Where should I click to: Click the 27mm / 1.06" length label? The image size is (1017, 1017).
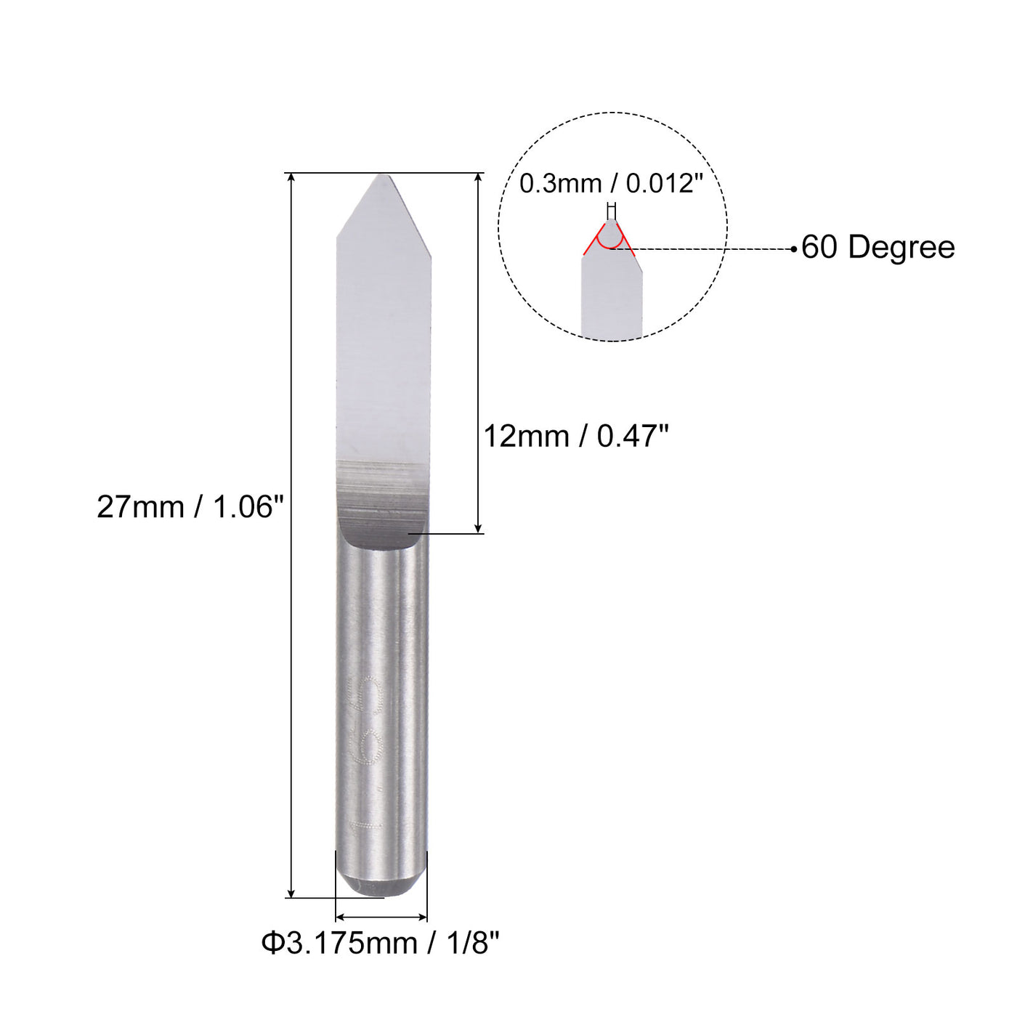pyautogui.click(x=190, y=507)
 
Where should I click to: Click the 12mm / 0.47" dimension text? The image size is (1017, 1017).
pyautogui.click(x=575, y=437)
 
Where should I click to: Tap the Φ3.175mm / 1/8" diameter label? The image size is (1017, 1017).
pyautogui.click(x=381, y=944)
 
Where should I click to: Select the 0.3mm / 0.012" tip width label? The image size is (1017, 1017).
pyautogui.click(x=611, y=184)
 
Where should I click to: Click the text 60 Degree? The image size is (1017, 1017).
pyautogui.click(x=878, y=248)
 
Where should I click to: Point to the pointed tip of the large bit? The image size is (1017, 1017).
pyautogui.click(x=382, y=177)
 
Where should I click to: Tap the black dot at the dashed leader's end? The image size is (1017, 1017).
pyautogui.click(x=794, y=249)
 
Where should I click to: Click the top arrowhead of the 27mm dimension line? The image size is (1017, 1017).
pyautogui.click(x=291, y=179)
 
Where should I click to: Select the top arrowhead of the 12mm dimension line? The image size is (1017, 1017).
pyautogui.click(x=478, y=179)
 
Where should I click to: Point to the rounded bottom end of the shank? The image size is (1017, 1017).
pyautogui.click(x=381, y=886)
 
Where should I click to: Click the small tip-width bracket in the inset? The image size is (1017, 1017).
pyautogui.click(x=612, y=210)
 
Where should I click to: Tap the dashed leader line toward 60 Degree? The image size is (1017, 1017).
pyautogui.click(x=705, y=249)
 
